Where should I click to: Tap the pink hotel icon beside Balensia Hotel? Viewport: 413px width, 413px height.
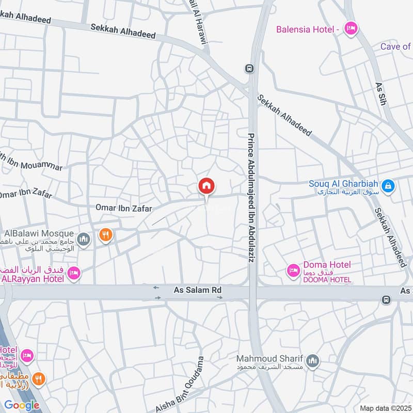coord(351,29)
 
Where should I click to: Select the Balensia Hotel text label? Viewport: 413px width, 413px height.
coord(308,29)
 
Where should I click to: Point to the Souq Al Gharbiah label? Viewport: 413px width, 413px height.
coord(343,184)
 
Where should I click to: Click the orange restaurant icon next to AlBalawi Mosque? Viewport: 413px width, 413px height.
coord(106,235)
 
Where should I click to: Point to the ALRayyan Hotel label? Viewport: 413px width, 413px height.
coord(33,279)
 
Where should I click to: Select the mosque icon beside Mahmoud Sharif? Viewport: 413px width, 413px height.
coord(312,362)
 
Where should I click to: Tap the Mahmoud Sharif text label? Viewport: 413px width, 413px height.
coord(267,358)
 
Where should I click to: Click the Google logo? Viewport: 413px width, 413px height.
coord(22,405)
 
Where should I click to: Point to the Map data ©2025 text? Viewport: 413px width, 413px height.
coord(385,408)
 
